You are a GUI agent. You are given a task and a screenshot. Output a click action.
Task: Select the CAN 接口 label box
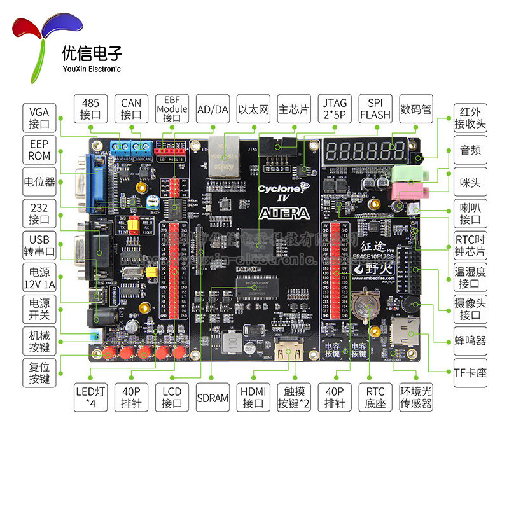tap(130, 109)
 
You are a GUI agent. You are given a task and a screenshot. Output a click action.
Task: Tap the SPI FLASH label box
tap(375, 109)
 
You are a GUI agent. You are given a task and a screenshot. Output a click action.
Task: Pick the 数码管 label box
tap(416, 109)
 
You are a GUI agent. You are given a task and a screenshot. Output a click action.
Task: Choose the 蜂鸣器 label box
tap(471, 341)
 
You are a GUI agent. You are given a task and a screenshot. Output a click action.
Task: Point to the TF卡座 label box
tap(471, 372)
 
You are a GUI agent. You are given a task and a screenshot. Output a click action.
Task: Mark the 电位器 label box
tap(39, 181)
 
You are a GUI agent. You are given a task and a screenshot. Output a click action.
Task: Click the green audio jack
tap(405, 173)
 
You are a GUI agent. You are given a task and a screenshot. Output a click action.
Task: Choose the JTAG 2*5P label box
tap(334, 109)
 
